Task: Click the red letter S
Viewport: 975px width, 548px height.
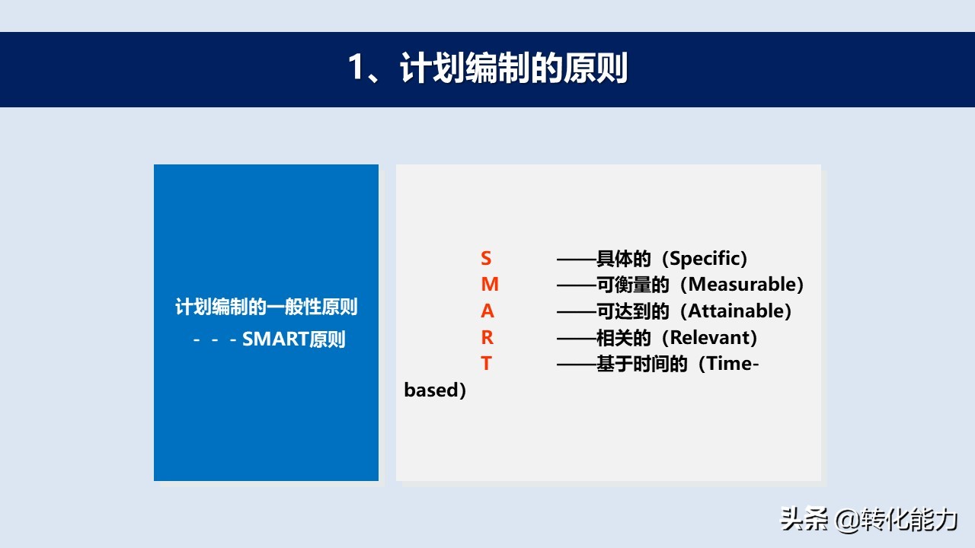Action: pyautogui.click(x=486, y=258)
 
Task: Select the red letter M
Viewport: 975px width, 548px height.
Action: pyautogui.click(x=490, y=285)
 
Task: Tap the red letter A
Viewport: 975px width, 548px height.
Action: pyautogui.click(x=487, y=311)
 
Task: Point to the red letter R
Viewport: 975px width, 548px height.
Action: pyautogui.click(x=487, y=337)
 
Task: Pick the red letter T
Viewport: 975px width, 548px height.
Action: pyautogui.click(x=486, y=364)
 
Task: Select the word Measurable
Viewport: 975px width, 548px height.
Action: pyautogui.click(x=742, y=285)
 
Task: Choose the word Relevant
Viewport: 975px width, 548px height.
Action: pyautogui.click(x=709, y=337)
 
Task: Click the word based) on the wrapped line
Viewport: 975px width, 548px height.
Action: pyautogui.click(x=435, y=390)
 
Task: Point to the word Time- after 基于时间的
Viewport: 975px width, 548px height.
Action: pyautogui.click(x=732, y=364)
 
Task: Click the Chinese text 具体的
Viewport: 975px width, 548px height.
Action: pyautogui.click(x=623, y=259)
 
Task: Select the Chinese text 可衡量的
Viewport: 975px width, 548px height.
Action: pyautogui.click(x=632, y=285)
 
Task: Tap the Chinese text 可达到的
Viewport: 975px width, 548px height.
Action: pyautogui.click(x=632, y=311)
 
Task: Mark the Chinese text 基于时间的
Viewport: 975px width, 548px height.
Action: pyautogui.click(x=641, y=364)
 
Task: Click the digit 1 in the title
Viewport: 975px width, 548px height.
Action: pyautogui.click(x=356, y=68)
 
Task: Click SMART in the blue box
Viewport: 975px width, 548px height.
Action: pyautogui.click(x=275, y=339)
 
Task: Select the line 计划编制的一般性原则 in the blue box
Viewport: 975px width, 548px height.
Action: pyautogui.click(x=267, y=307)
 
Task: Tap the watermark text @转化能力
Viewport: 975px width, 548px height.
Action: pyautogui.click(x=897, y=519)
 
